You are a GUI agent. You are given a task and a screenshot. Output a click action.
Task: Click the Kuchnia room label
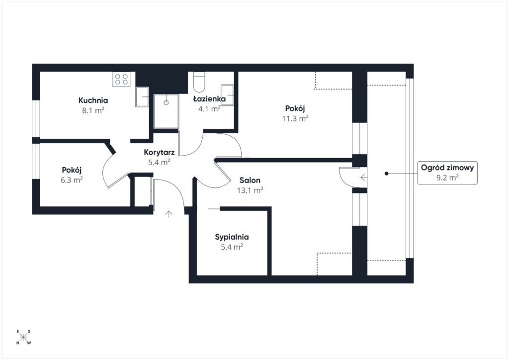pos(93,100)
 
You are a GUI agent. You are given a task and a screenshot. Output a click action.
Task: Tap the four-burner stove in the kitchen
pos(121,79)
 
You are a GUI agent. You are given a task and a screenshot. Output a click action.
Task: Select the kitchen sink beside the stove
pos(142,97)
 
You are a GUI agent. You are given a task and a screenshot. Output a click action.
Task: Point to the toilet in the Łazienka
pos(199,82)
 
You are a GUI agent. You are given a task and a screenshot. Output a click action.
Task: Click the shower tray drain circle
pos(166,102)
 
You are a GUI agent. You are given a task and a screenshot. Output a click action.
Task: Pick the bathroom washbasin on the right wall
pos(227,95)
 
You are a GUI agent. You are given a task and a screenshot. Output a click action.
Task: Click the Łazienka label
pos(209,98)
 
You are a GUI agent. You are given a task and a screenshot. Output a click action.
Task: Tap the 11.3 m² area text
pos(295,118)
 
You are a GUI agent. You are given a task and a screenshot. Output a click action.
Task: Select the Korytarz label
pos(159,152)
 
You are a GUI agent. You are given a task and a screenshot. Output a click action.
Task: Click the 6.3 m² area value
pos(72,180)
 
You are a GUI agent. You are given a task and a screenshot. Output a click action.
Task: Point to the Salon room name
pos(250,180)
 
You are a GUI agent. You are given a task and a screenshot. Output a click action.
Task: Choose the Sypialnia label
pos(232,237)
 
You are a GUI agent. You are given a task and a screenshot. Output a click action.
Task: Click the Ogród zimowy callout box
pos(447,173)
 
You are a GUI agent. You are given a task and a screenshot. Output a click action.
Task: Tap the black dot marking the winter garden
pos(386,174)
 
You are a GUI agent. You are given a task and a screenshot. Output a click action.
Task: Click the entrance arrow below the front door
pos(169,214)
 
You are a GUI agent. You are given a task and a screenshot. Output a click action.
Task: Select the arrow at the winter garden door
pos(363,178)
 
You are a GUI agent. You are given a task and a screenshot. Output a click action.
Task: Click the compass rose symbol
pos(23,337)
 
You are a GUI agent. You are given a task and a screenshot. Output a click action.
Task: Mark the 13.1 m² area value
pos(250,190)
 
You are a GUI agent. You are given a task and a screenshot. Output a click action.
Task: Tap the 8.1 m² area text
pos(93,110)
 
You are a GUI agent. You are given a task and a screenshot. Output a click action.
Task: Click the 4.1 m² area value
pos(209,109)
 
